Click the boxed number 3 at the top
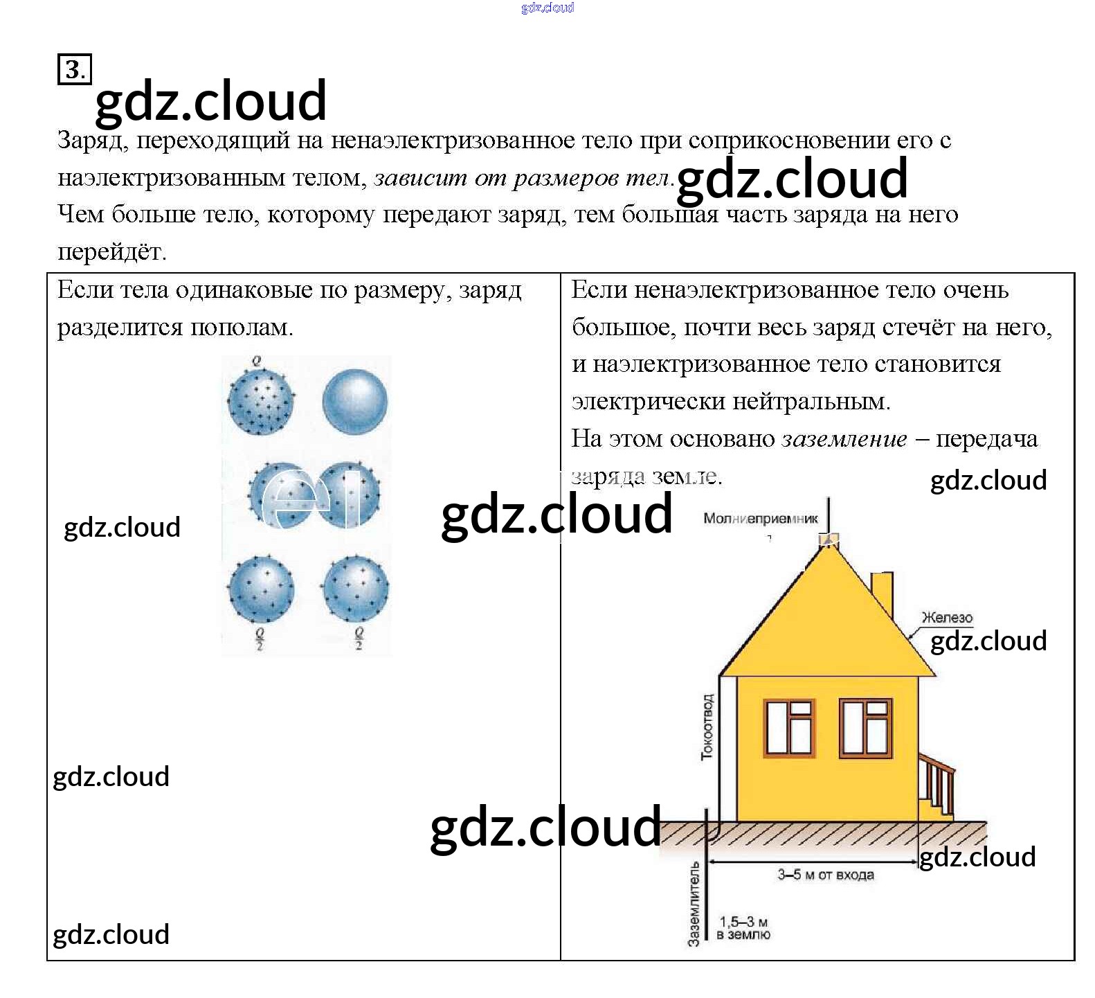pyautogui.click(x=74, y=70)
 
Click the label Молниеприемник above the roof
pyautogui.click(x=760, y=518)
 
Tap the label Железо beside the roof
pyautogui.click(x=947, y=617)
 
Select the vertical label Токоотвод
pyautogui.click(x=707, y=727)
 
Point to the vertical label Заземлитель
pyautogui.click(x=694, y=903)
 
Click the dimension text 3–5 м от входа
pyautogui.click(x=825, y=875)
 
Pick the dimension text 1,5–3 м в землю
pyautogui.click(x=743, y=928)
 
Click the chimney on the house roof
pyautogui.click(x=881, y=596)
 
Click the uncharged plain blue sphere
pyautogui.click(x=355, y=402)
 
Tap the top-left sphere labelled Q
pyautogui.click(x=261, y=402)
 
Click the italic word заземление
pyautogui.click(x=844, y=439)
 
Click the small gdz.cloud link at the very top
pyautogui.click(x=547, y=8)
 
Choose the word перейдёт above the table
pyautogui.click(x=111, y=251)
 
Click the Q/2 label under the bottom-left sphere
pyautogui.click(x=260, y=639)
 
